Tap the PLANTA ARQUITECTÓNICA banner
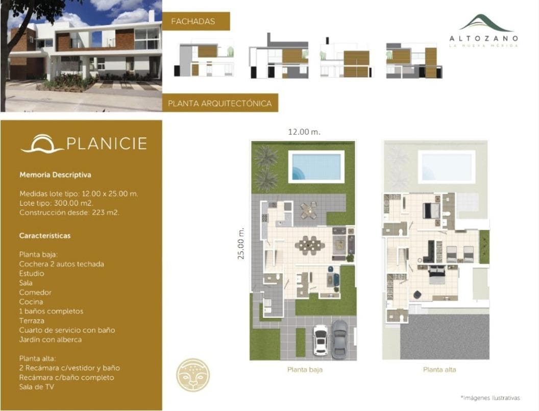[220, 103]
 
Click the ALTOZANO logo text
[484, 38]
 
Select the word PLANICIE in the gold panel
[107, 143]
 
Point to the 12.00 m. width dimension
[304, 132]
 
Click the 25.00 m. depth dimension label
[241, 244]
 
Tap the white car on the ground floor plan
[321, 340]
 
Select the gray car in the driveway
[339, 338]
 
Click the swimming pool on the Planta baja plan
[316, 166]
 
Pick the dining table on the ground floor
[310, 245]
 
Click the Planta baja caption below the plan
[305, 370]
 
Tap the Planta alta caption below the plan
[439, 370]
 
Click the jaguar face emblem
[193, 375]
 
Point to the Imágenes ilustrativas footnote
[490, 398]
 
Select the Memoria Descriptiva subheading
[55, 175]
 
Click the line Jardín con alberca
[51, 340]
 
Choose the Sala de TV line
[36, 386]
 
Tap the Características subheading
[45, 235]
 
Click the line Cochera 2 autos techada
[62, 264]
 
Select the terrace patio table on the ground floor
[308, 210]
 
